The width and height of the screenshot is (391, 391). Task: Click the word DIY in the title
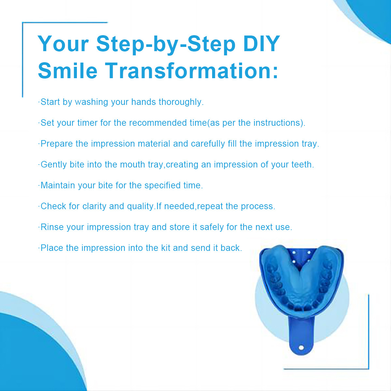[262, 43]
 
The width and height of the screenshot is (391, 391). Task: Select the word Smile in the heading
[67, 71]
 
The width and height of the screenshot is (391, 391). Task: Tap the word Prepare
[57, 144]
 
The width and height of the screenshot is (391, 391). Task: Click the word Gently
[53, 165]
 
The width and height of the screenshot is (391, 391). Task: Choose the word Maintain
[58, 185]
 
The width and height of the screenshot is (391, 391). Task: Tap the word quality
[140, 206]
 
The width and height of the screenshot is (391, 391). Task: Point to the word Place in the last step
[52, 248]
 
